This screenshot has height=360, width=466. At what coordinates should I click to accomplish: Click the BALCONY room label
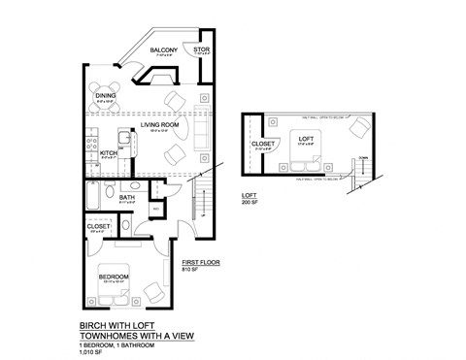[x=162, y=50]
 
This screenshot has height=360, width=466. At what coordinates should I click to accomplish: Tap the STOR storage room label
[x=201, y=49]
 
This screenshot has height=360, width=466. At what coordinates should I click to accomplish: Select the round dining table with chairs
[x=104, y=95]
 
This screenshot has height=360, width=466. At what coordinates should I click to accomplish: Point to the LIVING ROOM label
[x=161, y=123]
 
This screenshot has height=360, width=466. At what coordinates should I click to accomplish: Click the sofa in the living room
[x=201, y=129]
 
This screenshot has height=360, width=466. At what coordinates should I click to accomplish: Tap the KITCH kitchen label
[x=108, y=152]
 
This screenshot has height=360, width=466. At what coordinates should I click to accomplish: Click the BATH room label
[x=127, y=198]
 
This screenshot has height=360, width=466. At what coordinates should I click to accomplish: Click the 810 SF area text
[x=190, y=269]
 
